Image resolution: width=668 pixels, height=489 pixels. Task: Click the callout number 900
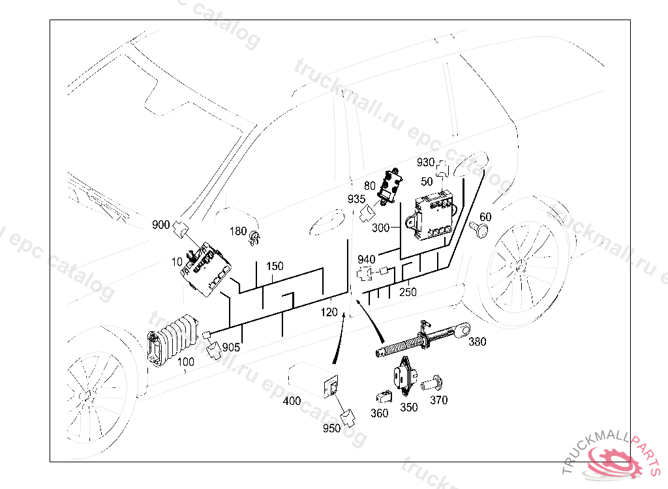[x=160, y=225]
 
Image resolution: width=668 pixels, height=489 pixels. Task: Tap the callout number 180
[x=238, y=231]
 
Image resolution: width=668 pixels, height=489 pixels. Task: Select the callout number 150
[x=275, y=266]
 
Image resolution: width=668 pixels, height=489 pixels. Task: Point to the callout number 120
[x=329, y=312]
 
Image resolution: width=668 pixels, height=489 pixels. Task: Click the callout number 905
[x=232, y=348]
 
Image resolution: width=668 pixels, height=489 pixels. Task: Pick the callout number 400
[x=292, y=401]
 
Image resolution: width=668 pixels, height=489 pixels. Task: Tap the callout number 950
[x=331, y=428]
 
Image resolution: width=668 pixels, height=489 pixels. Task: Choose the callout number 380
[x=478, y=341]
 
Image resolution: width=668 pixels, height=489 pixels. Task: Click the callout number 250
[x=408, y=292]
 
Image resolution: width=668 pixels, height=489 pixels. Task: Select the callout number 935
[x=356, y=199]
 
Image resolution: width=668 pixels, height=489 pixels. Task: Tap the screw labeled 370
[x=431, y=384]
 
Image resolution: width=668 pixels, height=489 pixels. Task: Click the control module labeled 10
[x=207, y=268]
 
